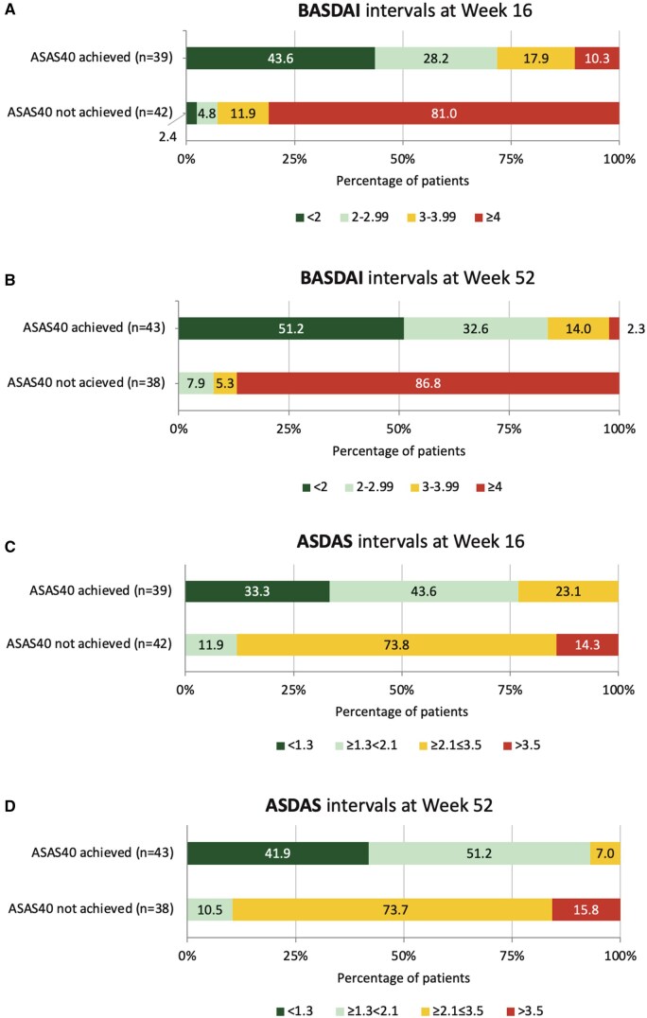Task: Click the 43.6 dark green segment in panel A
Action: (x=280, y=58)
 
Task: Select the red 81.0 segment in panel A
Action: (x=444, y=113)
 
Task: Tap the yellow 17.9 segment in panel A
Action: (x=535, y=58)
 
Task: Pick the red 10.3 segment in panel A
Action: (x=597, y=58)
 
